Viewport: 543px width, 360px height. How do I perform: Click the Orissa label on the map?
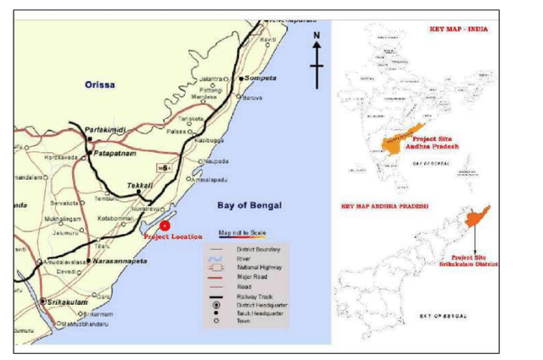(x=100, y=84)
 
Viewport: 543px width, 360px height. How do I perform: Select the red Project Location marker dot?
(x=165, y=225)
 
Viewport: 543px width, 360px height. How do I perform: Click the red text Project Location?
(x=173, y=236)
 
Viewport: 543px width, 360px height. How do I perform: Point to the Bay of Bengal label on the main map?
(x=249, y=205)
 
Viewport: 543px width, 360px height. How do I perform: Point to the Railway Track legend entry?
(x=245, y=295)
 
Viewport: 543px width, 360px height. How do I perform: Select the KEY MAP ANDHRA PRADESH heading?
(x=384, y=206)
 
